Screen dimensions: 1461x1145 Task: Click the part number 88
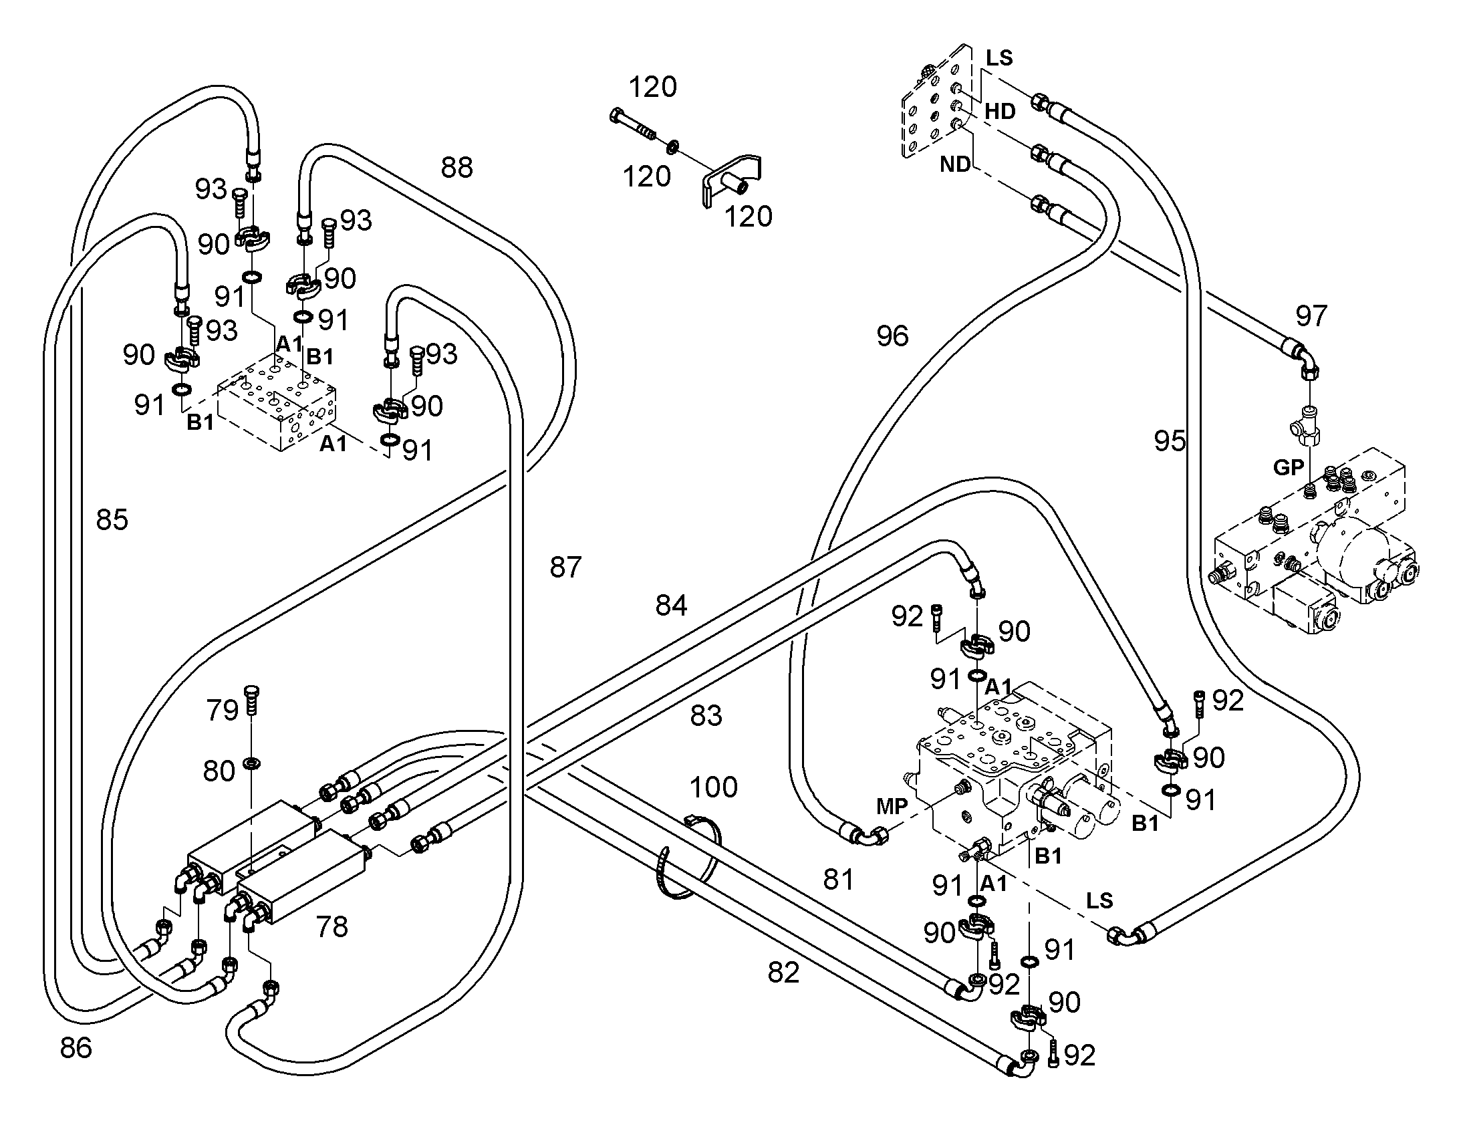[456, 168]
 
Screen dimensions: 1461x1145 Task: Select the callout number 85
[112, 519]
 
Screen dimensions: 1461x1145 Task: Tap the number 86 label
[76, 1047]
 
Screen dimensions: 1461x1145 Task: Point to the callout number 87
[565, 567]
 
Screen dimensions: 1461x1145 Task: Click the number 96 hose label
[893, 336]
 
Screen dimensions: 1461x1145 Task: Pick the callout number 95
[1170, 440]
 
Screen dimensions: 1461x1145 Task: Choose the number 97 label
[1311, 315]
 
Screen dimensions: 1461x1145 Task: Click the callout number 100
[714, 786]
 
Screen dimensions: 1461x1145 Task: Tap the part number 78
[331, 927]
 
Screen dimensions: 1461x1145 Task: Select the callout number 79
[223, 710]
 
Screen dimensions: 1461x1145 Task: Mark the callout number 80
[219, 771]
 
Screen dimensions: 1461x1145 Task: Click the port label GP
[1289, 467]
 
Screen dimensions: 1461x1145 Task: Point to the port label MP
[893, 807]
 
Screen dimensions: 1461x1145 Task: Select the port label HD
[1000, 111]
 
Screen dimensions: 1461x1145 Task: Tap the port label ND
[955, 164]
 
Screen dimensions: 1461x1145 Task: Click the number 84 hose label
[672, 606]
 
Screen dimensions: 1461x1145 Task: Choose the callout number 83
[706, 716]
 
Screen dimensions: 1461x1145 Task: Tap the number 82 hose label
[784, 973]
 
